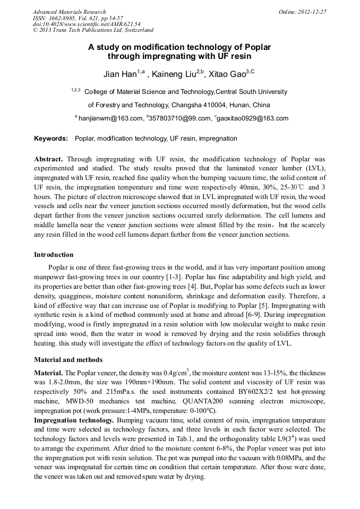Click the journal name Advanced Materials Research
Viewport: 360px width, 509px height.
[69, 12]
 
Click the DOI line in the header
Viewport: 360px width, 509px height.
[87, 24]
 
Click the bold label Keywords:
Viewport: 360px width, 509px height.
[51, 139]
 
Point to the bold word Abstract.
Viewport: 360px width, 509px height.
[49, 159]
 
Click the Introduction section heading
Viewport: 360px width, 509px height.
[54, 255]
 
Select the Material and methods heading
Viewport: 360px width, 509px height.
[68, 359]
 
